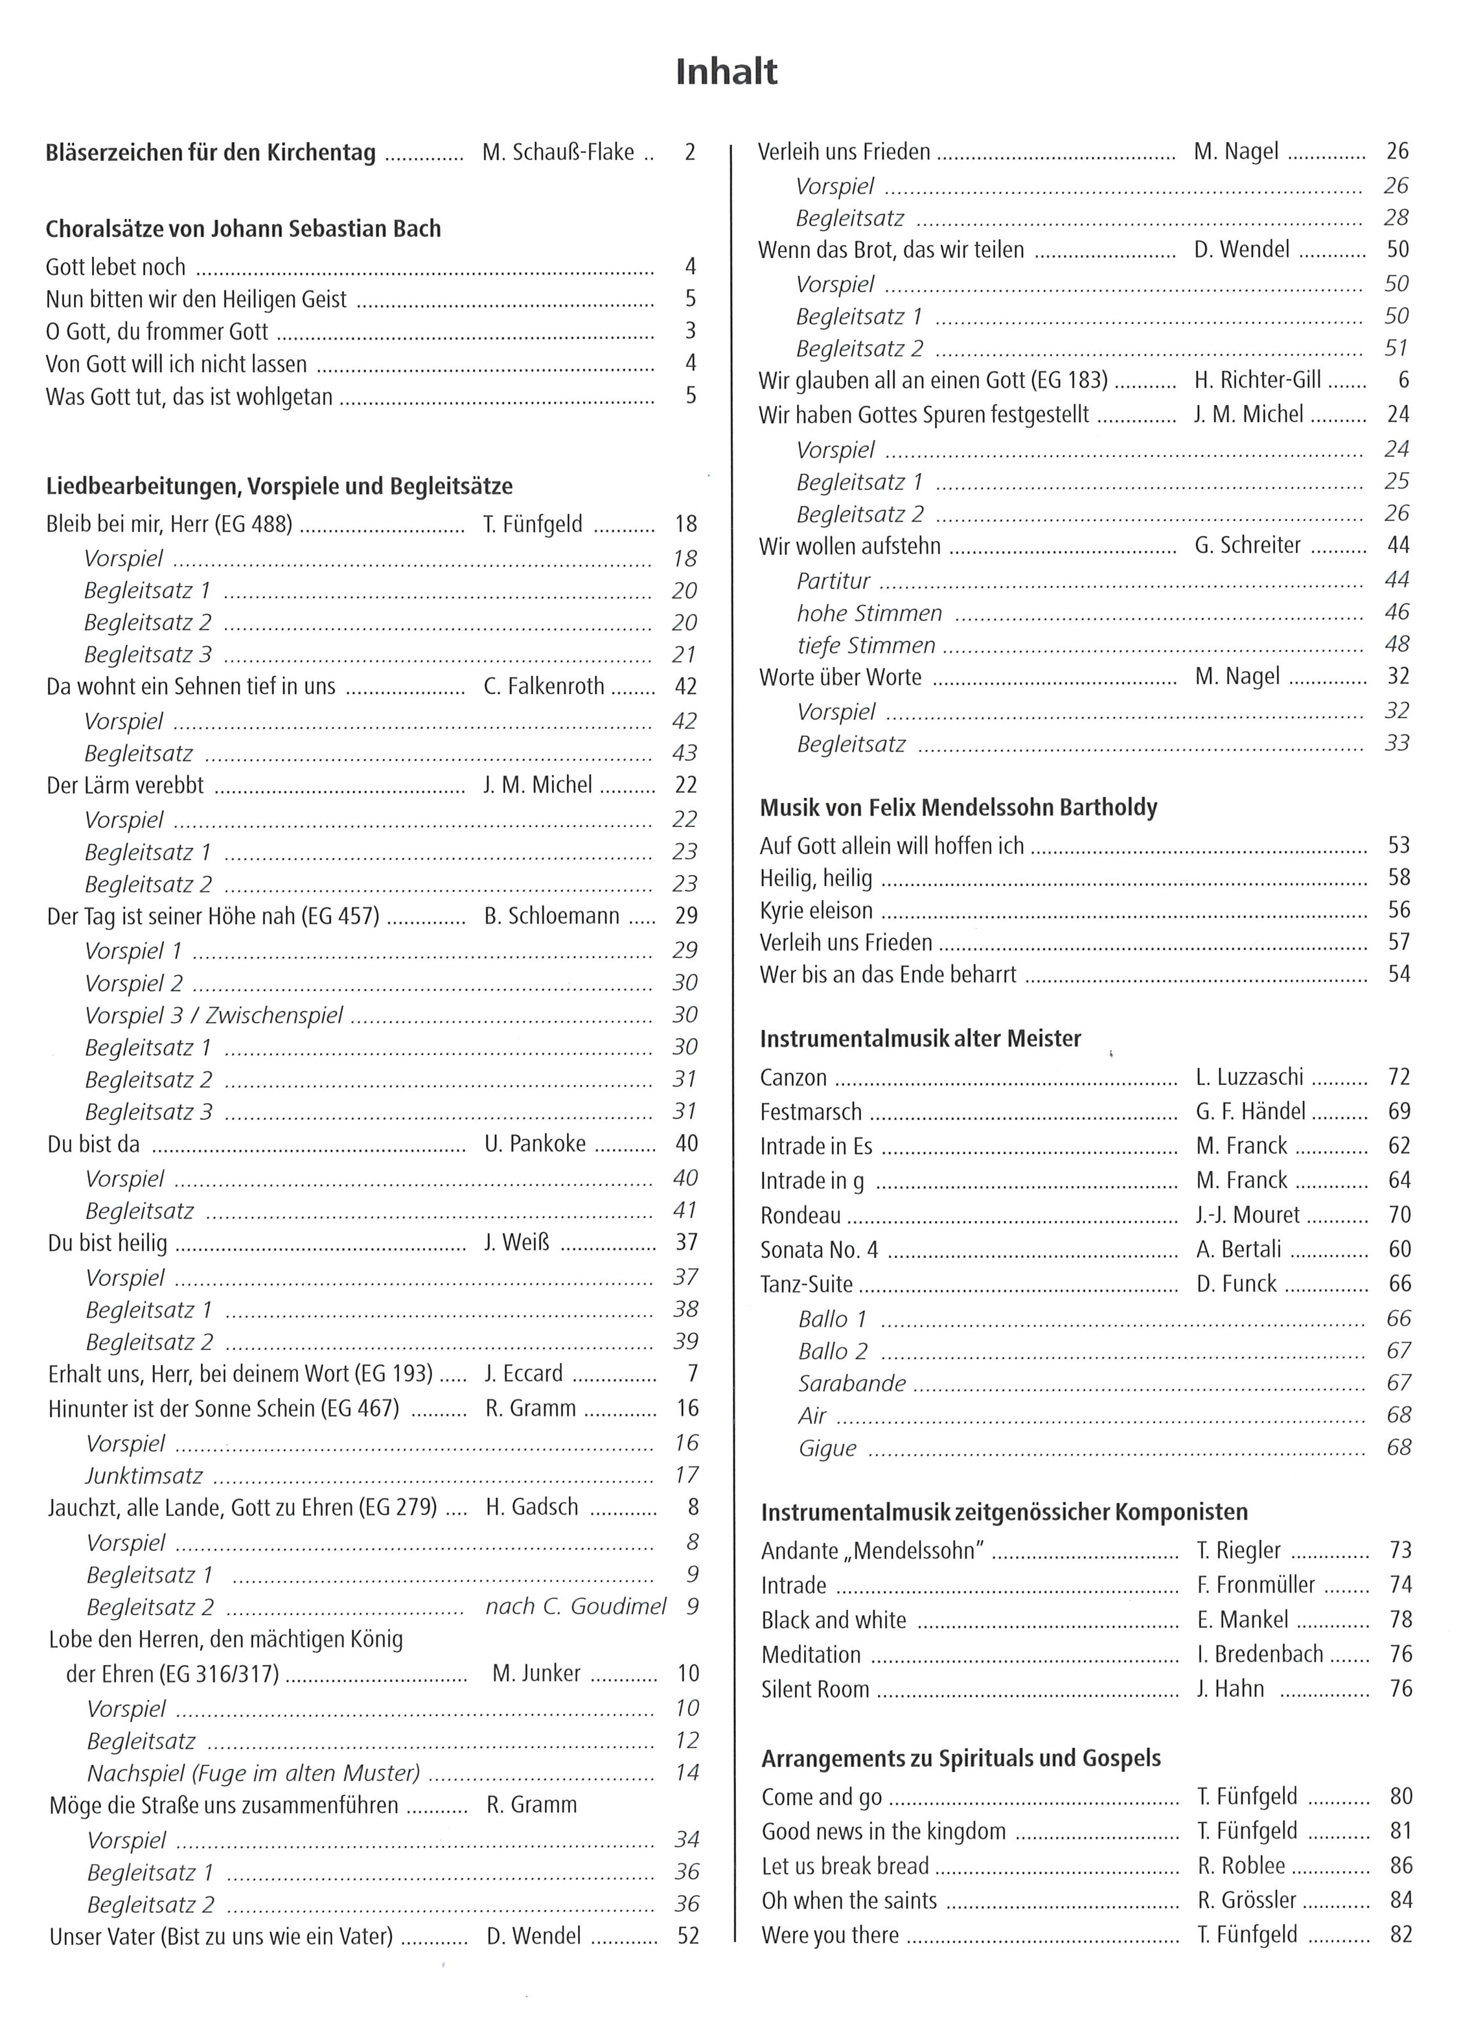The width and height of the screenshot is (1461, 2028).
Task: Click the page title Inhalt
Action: (726, 71)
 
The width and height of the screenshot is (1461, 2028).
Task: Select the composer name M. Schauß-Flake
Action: (558, 153)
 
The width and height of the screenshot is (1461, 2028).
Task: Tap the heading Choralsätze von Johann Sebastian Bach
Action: (243, 229)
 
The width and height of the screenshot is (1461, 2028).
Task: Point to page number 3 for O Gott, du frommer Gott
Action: (690, 331)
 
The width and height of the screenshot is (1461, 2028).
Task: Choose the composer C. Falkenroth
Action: (544, 687)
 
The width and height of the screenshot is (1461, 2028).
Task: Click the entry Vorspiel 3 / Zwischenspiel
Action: (214, 1015)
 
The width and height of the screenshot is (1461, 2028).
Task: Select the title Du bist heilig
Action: (108, 1243)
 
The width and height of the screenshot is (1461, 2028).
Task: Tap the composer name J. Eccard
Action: (524, 1373)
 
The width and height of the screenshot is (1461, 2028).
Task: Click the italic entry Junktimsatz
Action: (144, 1475)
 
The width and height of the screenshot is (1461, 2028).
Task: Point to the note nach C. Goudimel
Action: (576, 1607)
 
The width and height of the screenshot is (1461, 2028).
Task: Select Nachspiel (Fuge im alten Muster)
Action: (253, 1773)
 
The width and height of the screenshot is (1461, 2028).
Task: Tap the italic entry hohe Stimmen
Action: (869, 613)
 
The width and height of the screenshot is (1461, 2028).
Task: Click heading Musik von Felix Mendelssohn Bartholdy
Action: (958, 808)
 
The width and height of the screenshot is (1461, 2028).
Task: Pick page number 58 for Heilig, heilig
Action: (1398, 878)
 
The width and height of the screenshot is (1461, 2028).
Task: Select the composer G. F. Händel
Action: (1250, 1112)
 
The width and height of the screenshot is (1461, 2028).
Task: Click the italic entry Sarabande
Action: (852, 1383)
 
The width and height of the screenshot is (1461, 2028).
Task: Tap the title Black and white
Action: (833, 1620)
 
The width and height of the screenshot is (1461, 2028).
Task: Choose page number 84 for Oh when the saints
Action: (1400, 1900)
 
